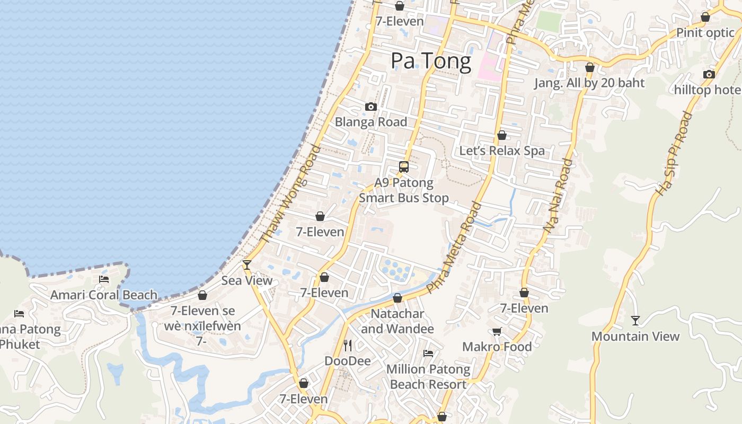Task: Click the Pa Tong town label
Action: coord(430,61)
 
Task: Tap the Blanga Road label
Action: coord(371,122)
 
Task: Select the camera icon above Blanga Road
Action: coord(371,107)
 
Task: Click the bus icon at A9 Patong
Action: coord(404,167)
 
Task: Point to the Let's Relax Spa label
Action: coord(501,151)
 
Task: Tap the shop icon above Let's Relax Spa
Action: coord(502,135)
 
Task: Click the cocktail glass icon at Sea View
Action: coord(246,264)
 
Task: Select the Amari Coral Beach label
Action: coord(104,295)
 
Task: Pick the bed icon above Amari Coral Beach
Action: coord(104,279)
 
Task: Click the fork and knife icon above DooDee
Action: coord(348,346)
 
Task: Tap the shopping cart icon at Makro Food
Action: coord(497,332)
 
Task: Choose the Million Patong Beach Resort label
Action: coord(428,376)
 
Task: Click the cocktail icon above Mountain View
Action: coord(635,321)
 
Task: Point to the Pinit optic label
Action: coord(705,33)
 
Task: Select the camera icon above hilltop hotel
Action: coord(709,75)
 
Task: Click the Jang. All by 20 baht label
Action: coord(589,83)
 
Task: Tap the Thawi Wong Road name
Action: coord(291,195)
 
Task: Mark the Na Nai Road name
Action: coord(558,195)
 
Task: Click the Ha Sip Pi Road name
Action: coord(674,154)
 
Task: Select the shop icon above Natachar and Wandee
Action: coord(397,298)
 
